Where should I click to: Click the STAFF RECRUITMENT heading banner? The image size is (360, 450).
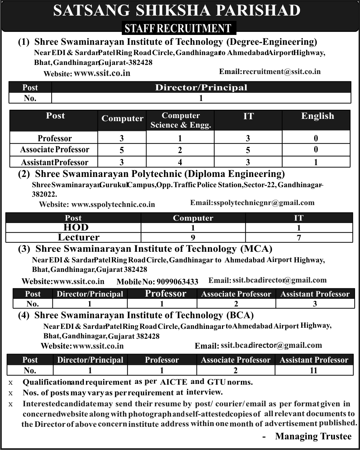178,28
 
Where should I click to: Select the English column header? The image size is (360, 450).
318,116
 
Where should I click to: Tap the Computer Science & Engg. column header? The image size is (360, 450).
181,120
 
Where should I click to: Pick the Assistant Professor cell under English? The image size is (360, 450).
316,162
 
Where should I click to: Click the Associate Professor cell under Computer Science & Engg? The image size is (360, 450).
180,150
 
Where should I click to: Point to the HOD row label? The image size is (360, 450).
73,227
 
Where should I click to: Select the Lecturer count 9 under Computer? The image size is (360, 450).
193,238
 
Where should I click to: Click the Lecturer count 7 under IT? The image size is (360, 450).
299,238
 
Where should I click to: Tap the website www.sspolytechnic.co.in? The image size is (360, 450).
113,204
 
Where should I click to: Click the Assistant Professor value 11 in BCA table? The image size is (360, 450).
313,370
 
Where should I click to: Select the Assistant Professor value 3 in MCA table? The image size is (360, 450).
315,304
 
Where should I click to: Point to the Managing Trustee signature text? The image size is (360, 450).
313,436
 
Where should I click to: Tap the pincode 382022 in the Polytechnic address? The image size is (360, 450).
44,194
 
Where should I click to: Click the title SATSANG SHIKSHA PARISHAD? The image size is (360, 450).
177,11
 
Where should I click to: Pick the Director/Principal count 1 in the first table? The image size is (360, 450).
201,98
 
